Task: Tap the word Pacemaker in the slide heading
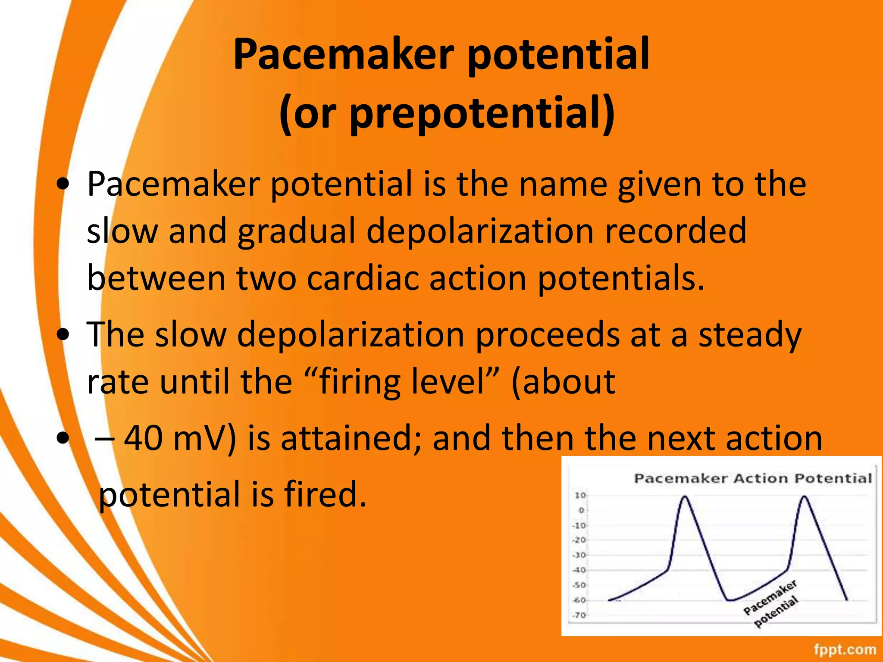(x=343, y=54)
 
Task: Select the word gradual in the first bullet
(x=296, y=231)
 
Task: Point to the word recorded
(x=675, y=231)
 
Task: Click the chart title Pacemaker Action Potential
(x=753, y=478)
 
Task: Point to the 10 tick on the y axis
(x=580, y=495)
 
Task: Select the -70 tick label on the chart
(x=579, y=615)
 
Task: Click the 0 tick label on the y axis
(x=581, y=510)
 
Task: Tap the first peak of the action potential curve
(x=685, y=497)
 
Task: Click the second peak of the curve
(x=804, y=497)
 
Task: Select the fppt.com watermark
(x=845, y=649)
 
